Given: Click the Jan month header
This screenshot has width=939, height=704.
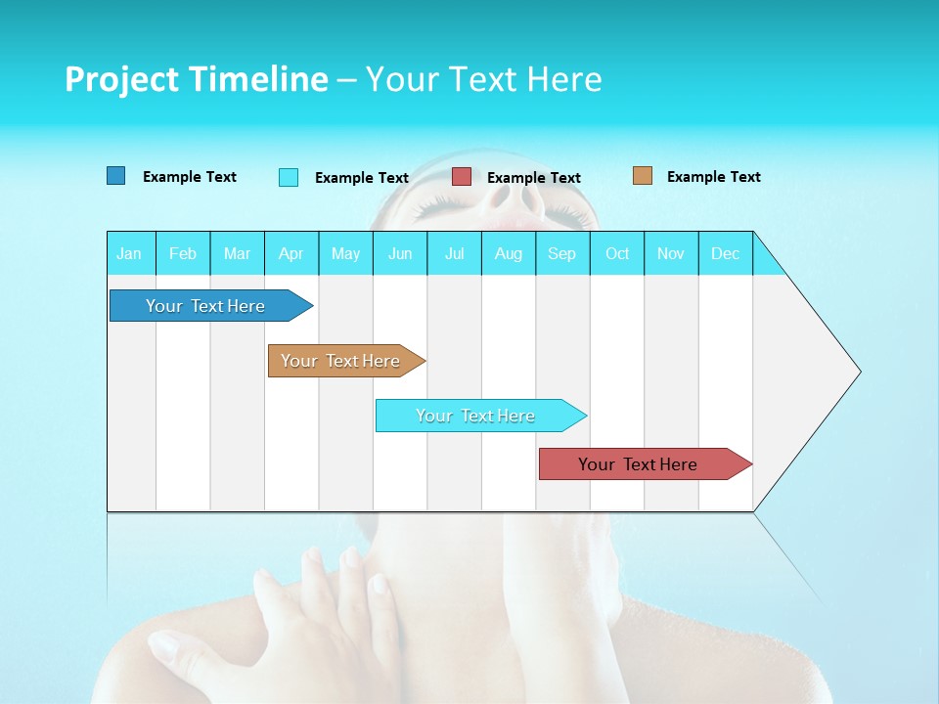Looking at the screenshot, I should (x=129, y=253).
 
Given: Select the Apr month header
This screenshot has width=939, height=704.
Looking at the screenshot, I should (x=291, y=253).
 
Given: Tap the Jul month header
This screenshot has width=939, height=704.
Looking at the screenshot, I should (x=454, y=253).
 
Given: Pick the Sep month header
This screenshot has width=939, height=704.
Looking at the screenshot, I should (x=561, y=253).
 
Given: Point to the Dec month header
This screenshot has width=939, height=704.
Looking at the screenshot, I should (x=725, y=253).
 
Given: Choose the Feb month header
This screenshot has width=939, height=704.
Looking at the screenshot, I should (x=183, y=253).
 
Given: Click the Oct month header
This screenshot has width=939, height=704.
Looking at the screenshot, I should (x=617, y=253).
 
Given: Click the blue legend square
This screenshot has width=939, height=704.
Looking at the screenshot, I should (x=116, y=176).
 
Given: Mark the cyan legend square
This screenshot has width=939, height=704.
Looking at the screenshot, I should (x=289, y=177).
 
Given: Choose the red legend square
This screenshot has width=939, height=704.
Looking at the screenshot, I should (x=462, y=177).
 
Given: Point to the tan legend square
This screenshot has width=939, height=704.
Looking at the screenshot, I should (x=643, y=176).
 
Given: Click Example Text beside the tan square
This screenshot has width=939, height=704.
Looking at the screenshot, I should (x=713, y=177).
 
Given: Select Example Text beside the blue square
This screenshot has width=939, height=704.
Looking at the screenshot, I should (x=190, y=177).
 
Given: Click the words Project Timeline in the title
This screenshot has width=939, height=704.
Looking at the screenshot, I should (x=196, y=79).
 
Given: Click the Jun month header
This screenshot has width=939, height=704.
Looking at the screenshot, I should (x=400, y=253).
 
